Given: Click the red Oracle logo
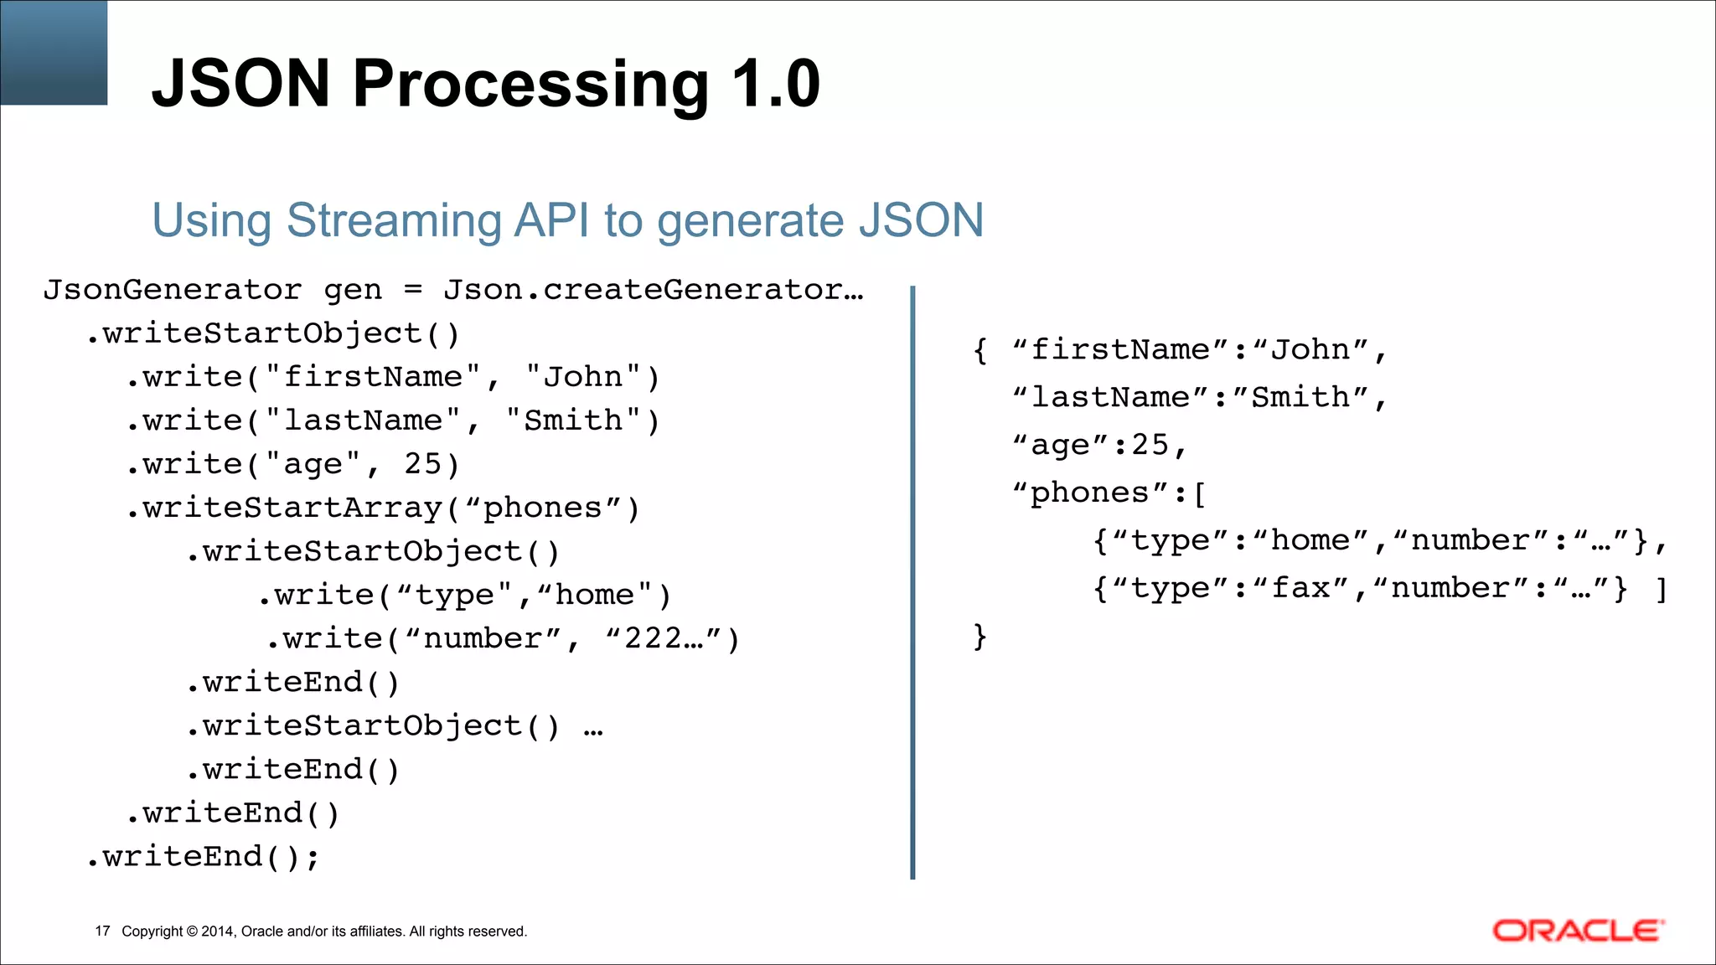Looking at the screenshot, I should point(1578,931).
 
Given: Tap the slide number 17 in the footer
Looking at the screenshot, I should point(102,931).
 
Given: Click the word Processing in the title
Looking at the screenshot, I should point(530,84).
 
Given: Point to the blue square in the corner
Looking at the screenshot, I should point(54,52).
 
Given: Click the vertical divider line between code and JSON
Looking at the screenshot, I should point(912,582).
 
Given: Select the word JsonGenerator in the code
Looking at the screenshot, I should point(173,290).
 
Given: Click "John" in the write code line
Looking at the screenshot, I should point(583,377).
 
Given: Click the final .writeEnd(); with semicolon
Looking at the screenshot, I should point(203,857).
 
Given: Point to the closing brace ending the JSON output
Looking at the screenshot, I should point(979,637).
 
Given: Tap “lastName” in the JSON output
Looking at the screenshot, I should point(1111,397).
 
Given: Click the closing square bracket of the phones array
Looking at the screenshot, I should point(1662,590).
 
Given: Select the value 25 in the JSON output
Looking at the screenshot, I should point(1150,445).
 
